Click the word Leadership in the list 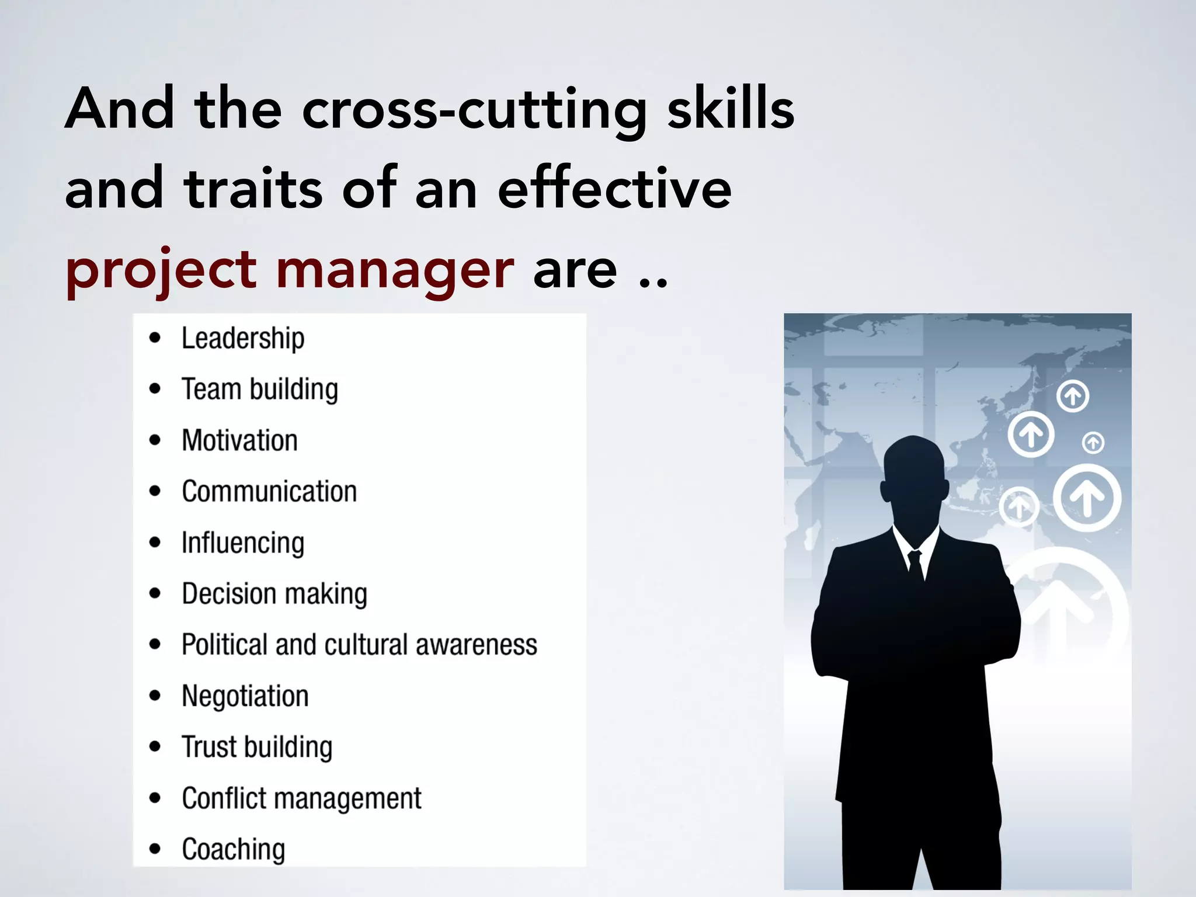pos(242,339)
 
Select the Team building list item pos(259,390)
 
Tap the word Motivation pos(239,440)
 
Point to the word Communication pos(269,491)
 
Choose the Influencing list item pos(242,543)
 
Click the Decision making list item pos(274,594)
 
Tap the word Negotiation pos(245,696)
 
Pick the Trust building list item pos(257,747)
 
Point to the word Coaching pos(233,849)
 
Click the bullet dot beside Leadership pos(155,338)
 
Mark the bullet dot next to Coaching pos(155,849)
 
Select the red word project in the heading pos(161,270)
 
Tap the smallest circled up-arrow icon pos(1093,443)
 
